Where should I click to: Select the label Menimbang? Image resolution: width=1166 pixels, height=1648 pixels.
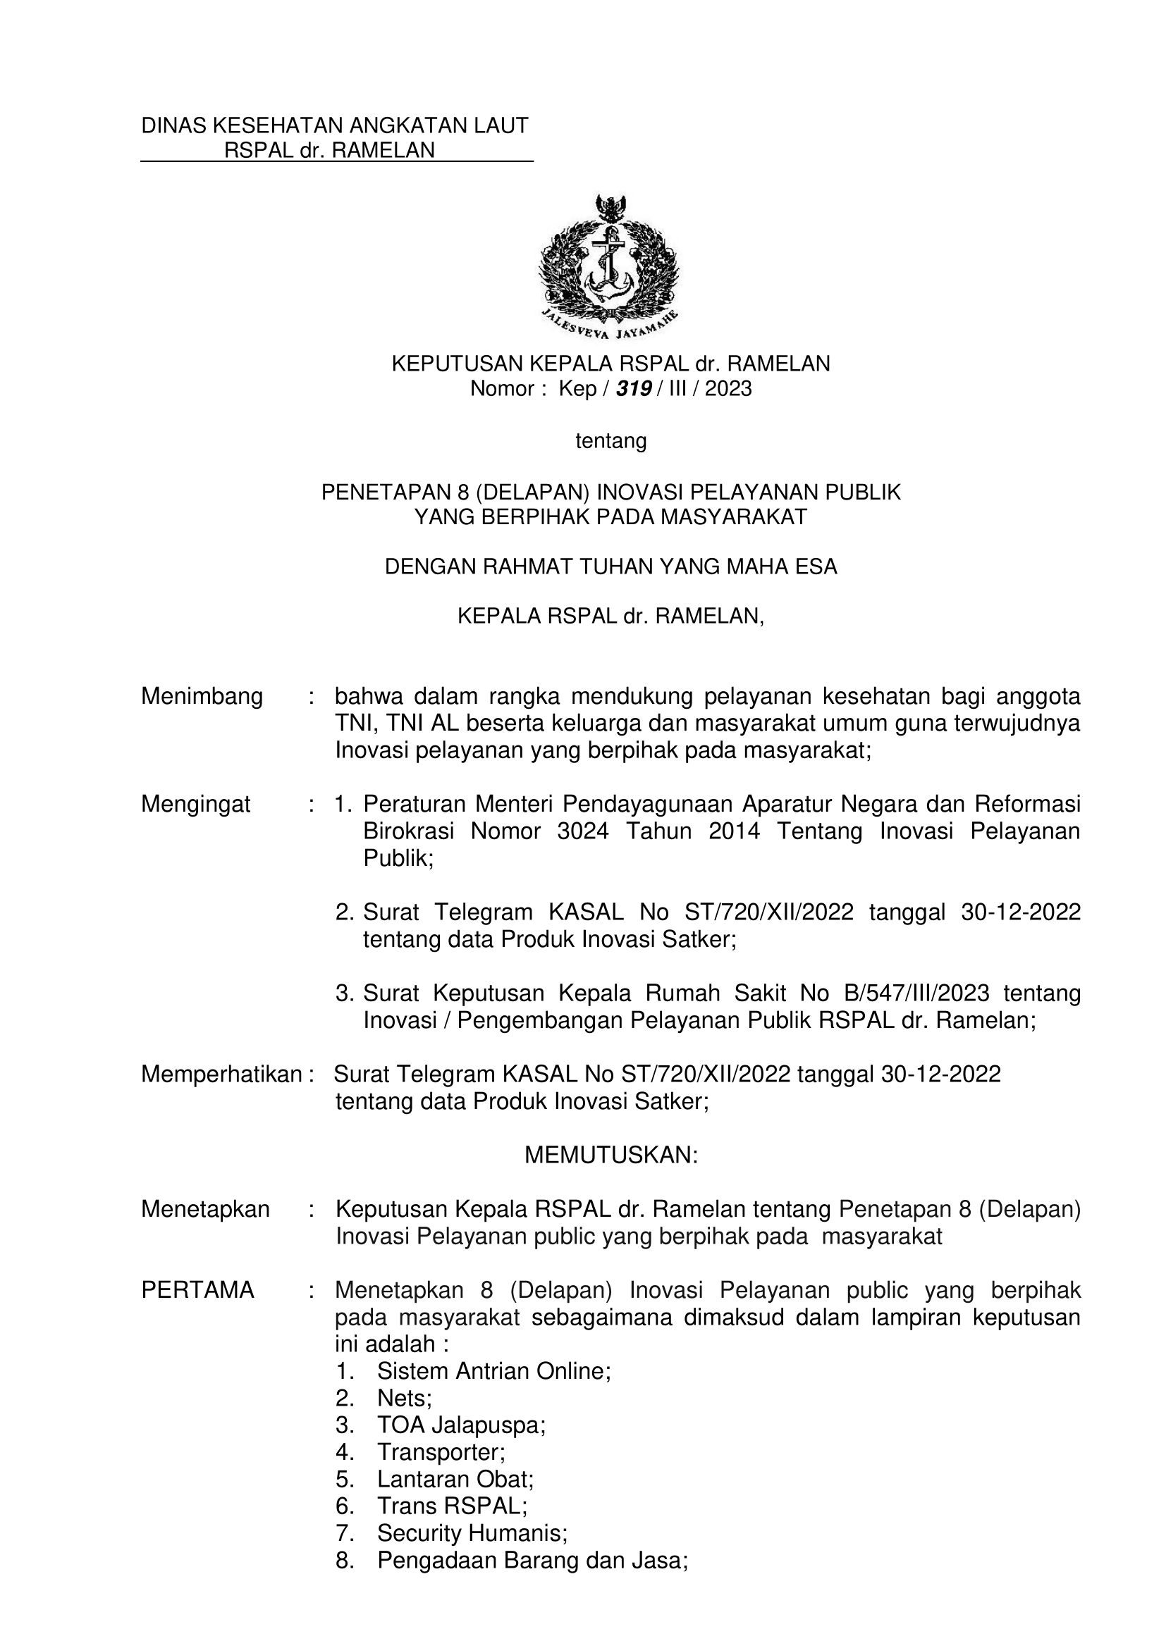[202, 696]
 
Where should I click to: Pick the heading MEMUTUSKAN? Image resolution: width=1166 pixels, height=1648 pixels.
[611, 1155]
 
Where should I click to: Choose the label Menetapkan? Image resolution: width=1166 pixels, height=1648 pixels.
[204, 1209]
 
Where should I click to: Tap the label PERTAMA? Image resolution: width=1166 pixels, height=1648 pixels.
[197, 1290]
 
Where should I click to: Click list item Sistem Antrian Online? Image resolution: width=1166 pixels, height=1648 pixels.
[493, 1371]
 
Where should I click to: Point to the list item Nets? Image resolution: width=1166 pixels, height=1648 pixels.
[404, 1398]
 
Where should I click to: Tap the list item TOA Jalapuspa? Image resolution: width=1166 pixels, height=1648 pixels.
[461, 1425]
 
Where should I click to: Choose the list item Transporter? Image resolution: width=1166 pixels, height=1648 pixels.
[441, 1452]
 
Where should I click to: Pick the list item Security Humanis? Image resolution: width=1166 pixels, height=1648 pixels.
[472, 1533]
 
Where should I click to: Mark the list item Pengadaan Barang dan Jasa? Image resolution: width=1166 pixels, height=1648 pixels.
[532, 1561]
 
